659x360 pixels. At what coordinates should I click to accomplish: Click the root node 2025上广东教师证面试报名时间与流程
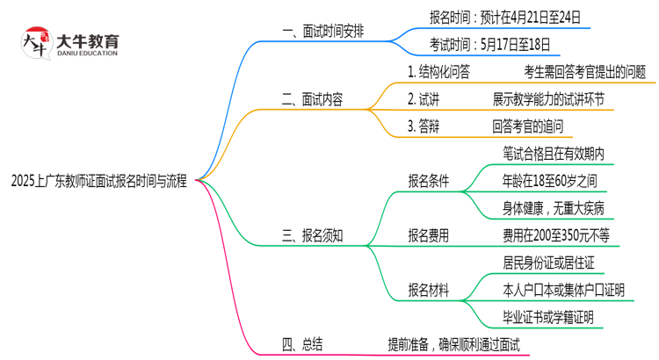click(x=99, y=182)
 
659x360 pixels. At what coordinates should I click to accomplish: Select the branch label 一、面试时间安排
click(x=323, y=32)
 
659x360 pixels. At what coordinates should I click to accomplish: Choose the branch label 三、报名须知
click(x=312, y=235)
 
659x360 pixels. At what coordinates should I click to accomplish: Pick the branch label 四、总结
click(x=301, y=344)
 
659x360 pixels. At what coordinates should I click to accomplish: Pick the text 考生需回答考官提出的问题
click(x=584, y=72)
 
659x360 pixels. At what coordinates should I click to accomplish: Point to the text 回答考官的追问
click(x=532, y=126)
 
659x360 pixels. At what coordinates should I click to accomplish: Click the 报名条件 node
click(x=428, y=182)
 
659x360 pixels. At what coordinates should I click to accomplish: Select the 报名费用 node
click(x=428, y=235)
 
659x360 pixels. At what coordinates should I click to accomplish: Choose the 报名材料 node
click(x=428, y=291)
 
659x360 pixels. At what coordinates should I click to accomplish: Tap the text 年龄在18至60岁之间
click(x=549, y=182)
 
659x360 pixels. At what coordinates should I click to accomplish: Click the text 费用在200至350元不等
click(x=555, y=235)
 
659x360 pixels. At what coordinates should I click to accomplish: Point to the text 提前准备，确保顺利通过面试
click(x=453, y=344)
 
